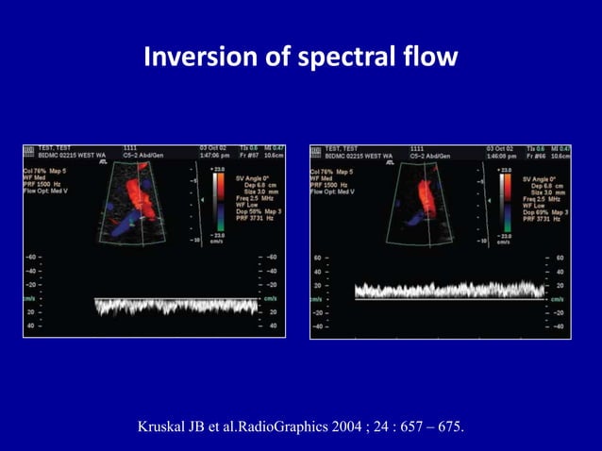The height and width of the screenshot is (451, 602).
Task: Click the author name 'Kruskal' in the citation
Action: [166, 427]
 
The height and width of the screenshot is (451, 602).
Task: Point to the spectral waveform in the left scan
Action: [176, 305]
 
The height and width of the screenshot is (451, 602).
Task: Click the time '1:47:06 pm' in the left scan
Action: [217, 156]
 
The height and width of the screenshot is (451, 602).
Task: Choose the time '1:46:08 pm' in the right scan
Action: [505, 156]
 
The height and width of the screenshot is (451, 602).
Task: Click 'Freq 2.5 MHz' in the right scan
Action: [542, 200]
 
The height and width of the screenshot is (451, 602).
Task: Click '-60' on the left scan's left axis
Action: [32, 257]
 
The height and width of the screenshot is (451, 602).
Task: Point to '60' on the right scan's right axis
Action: [560, 257]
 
